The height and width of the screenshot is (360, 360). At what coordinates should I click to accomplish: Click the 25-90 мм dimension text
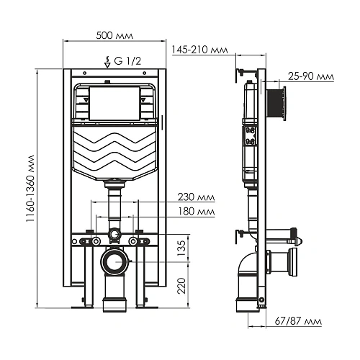(x=311, y=76)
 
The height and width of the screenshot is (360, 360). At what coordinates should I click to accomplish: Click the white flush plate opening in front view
(x=116, y=104)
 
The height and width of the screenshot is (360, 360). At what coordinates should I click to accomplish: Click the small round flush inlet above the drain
(x=114, y=235)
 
